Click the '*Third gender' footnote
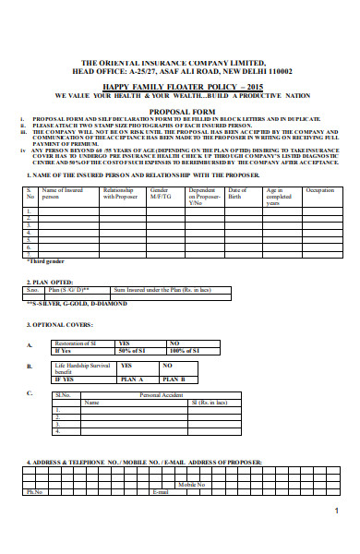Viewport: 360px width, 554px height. coord(43,261)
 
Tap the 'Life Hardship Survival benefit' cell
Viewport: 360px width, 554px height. coord(82,368)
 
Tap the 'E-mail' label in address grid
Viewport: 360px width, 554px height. coord(160,492)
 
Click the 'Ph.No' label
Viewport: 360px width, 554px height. coord(35,492)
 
